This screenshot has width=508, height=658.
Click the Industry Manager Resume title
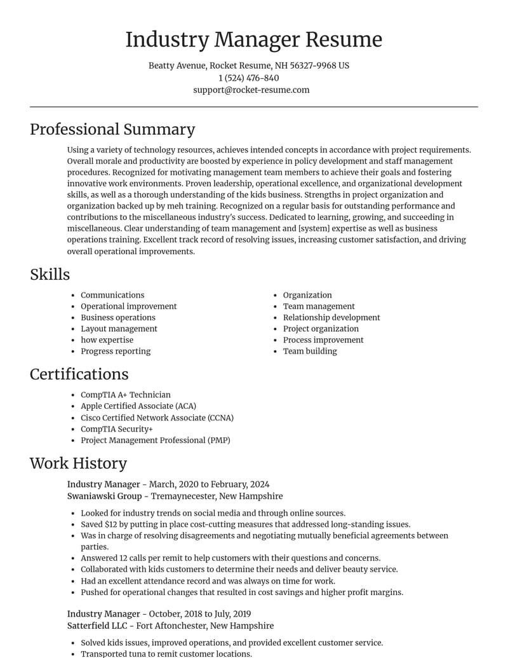(253, 39)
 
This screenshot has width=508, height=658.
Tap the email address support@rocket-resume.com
(251, 90)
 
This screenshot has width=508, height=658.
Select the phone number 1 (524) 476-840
(248, 78)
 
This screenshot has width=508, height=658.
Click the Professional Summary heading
(112, 129)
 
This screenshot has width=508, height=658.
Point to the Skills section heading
(50, 274)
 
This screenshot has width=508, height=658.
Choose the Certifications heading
(79, 374)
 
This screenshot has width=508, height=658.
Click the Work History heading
(78, 463)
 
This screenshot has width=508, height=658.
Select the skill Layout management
(119, 329)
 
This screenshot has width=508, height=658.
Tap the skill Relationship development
(331, 317)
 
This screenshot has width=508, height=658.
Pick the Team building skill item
(310, 351)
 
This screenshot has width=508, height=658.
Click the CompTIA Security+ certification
(117, 429)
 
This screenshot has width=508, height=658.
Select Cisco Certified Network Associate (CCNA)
(157, 418)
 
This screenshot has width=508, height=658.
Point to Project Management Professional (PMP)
(155, 440)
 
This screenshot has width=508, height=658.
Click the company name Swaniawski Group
(104, 496)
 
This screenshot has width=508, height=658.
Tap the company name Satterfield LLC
(104, 626)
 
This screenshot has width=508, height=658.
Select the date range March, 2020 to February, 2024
(209, 484)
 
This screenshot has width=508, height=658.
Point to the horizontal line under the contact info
(253, 107)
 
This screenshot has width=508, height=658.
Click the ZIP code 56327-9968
(312, 65)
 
